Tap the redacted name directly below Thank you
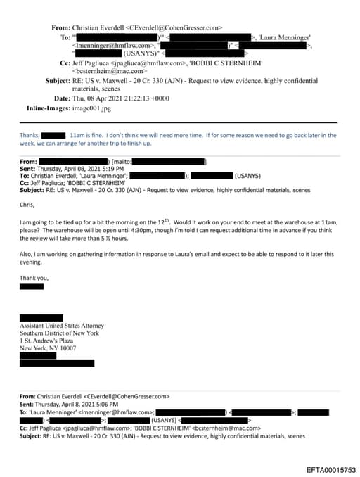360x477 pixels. (32, 286)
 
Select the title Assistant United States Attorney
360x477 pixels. (62, 326)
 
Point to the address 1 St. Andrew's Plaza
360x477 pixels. (48, 341)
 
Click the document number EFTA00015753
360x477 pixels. (331, 469)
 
